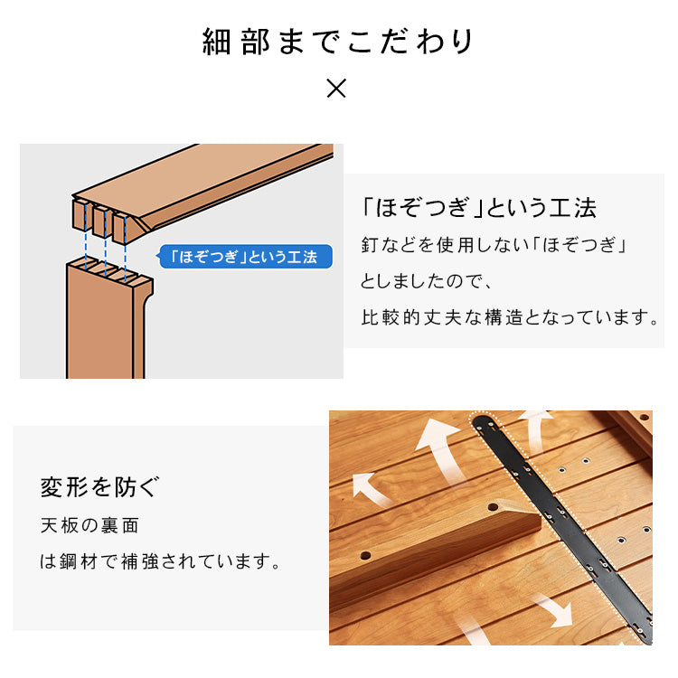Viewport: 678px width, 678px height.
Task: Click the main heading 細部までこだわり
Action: tap(338, 42)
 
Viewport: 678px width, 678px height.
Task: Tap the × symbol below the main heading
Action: tap(336, 89)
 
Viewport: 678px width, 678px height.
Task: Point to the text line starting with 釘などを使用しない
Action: tap(494, 246)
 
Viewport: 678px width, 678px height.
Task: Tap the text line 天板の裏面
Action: tap(89, 525)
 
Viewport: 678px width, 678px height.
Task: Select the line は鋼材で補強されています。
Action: tap(159, 561)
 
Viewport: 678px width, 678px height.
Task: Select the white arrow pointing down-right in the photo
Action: tap(552, 610)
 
